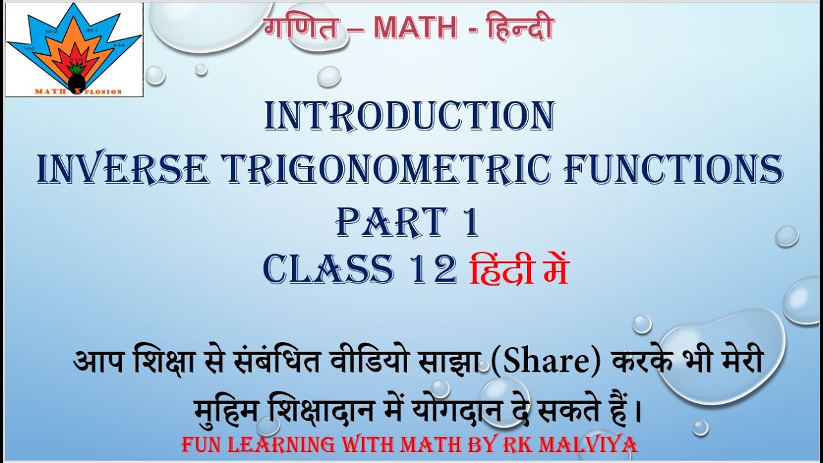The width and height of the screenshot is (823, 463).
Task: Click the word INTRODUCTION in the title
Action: (x=410, y=116)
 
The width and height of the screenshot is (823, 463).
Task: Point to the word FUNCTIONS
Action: (x=674, y=168)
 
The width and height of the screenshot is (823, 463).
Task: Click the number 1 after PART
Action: (x=471, y=221)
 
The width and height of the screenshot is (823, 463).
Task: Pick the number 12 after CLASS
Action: (x=433, y=269)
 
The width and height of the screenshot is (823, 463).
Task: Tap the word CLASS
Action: (x=329, y=269)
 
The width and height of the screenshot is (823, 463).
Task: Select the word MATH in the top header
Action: (x=415, y=27)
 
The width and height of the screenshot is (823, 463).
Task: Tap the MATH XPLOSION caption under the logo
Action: (x=78, y=91)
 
